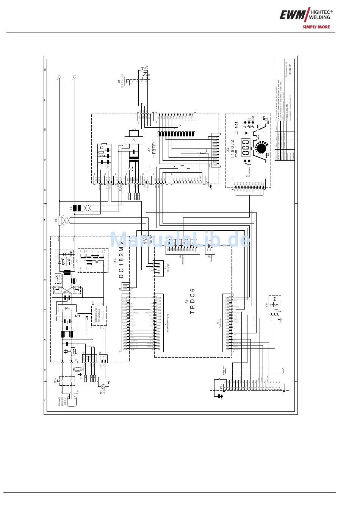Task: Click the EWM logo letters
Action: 292,15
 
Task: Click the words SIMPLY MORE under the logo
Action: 316,27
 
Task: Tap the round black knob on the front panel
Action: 261,148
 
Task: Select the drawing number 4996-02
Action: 290,70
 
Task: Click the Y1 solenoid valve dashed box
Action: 275,306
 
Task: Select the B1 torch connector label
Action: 119,81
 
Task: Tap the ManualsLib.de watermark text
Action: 180,240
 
